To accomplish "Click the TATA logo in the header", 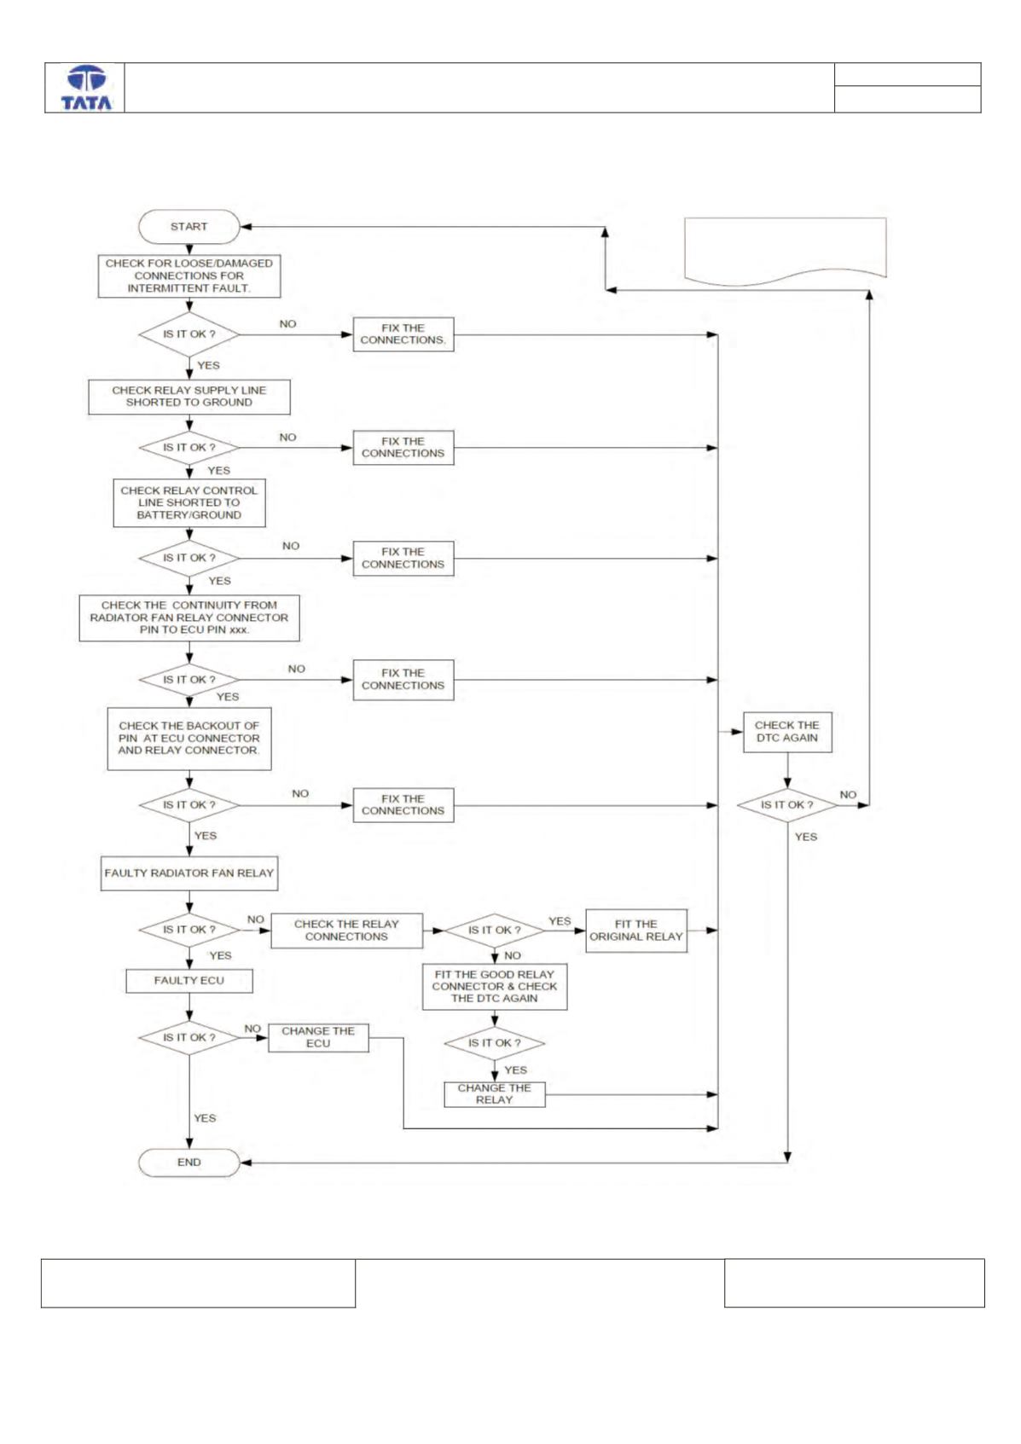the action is click(x=86, y=88).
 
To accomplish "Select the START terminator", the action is click(x=189, y=226).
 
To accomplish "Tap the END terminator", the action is click(x=189, y=1163).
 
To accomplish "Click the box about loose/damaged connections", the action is click(x=189, y=275).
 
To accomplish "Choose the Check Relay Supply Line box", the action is click(x=189, y=397).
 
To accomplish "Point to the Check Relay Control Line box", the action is click(x=189, y=503).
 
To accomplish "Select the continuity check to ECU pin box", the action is click(x=189, y=618).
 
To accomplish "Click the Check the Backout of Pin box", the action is click(x=189, y=738).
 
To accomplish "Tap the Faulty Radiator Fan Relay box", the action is click(x=189, y=873).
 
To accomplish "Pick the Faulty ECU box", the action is click(x=189, y=981).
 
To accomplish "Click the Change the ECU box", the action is click(x=318, y=1037).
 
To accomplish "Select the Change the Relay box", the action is click(x=495, y=1094).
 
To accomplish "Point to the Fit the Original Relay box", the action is click(x=636, y=931).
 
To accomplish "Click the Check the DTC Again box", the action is click(x=787, y=732).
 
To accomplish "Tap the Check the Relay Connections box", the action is click(x=347, y=931).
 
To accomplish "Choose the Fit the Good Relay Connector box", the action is click(x=495, y=986).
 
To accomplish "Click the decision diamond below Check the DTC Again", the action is click(x=787, y=805).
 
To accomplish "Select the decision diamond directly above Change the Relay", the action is click(x=495, y=1042).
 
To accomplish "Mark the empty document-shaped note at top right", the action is click(x=785, y=252).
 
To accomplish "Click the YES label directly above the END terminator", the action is click(x=205, y=1118).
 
